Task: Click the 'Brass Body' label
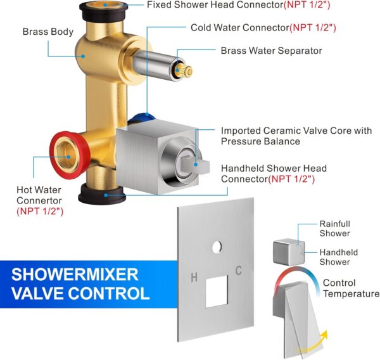pyautogui.click(x=48, y=32)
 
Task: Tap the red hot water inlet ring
pyautogui.click(x=63, y=150)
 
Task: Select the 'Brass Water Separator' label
pyautogui.click(x=271, y=51)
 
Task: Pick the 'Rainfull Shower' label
pyautogui.click(x=334, y=229)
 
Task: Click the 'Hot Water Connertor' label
pyautogui.click(x=43, y=200)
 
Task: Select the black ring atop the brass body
pyautogui.click(x=104, y=9)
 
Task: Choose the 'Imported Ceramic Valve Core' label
pyautogui.click(x=296, y=136)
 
